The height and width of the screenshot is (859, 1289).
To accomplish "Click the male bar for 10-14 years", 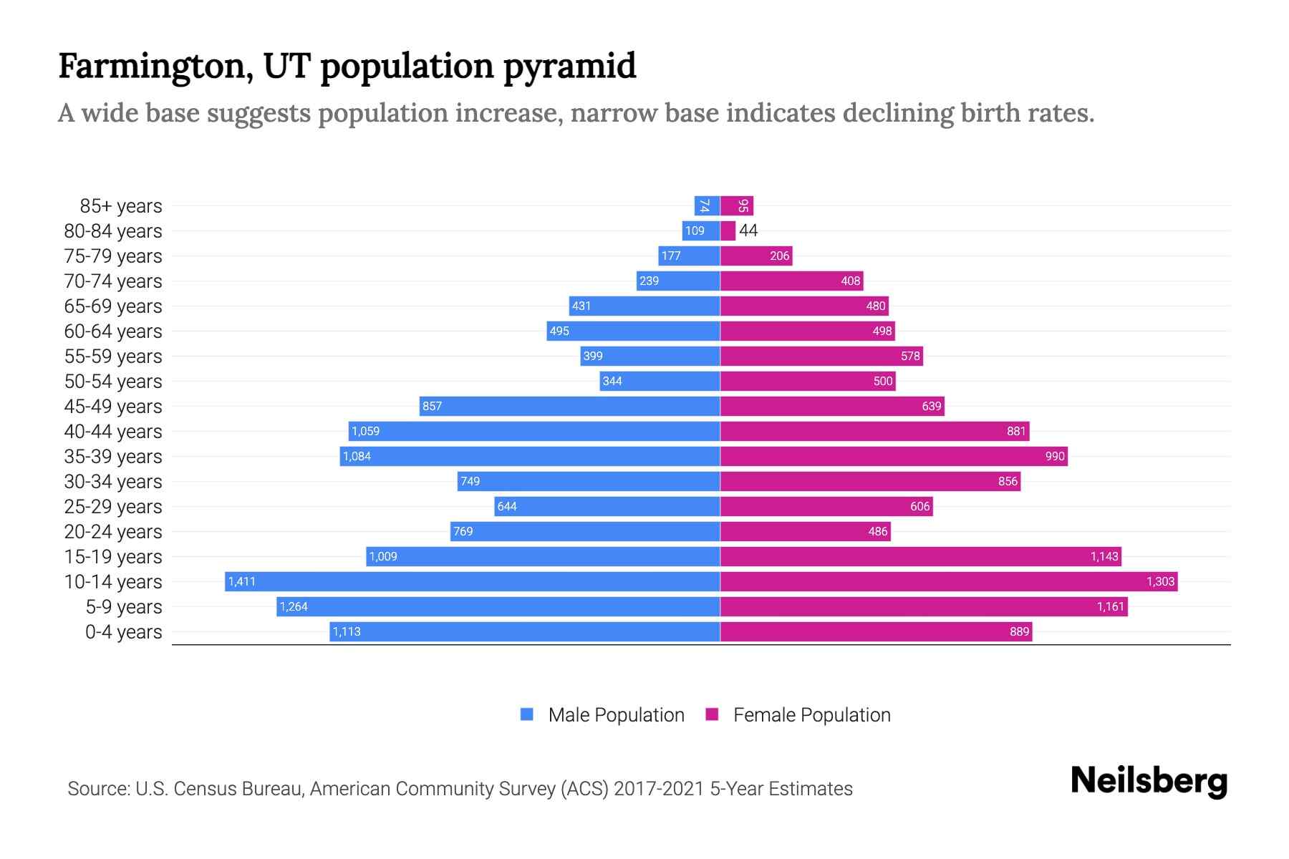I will click(x=473, y=581).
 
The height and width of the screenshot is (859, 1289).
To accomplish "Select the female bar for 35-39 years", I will click(x=894, y=456).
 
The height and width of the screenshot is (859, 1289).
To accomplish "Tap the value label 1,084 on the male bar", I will click(x=357, y=457).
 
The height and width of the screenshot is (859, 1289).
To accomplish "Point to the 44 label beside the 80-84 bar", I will click(x=748, y=230).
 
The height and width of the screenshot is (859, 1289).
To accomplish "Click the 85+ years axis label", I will click(x=121, y=206).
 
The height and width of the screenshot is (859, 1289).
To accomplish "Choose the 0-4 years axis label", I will click(x=123, y=632).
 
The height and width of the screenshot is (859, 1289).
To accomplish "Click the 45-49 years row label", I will click(x=113, y=407).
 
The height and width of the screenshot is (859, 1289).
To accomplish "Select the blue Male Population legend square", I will click(x=527, y=714).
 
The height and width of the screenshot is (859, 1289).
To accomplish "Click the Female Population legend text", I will click(x=811, y=715).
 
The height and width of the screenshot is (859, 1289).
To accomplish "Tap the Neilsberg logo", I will click(x=1149, y=781).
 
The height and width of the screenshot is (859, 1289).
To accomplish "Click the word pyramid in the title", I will click(x=569, y=67).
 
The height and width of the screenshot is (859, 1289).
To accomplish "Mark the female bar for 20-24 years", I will click(x=805, y=531).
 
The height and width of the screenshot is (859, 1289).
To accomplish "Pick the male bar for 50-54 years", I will click(x=660, y=381).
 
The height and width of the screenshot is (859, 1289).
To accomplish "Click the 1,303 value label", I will click(x=1160, y=581).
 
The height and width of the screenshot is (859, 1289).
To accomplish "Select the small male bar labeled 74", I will click(x=707, y=206).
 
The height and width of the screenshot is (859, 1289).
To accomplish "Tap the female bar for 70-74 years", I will click(x=791, y=281).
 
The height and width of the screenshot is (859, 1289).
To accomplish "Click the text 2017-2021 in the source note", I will click(x=659, y=789).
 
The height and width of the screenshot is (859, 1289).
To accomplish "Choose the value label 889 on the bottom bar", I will click(x=1019, y=632).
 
